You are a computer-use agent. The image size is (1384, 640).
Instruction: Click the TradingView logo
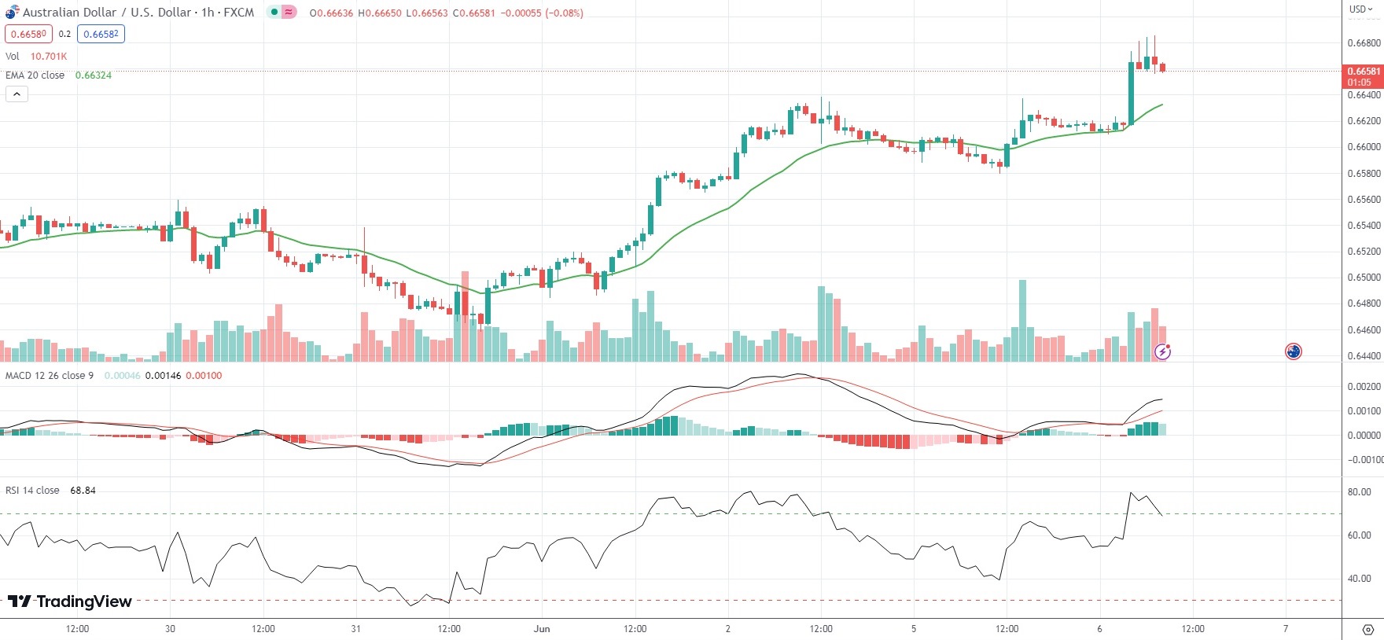[70, 601]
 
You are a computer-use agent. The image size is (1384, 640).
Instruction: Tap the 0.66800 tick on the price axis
[1364, 43]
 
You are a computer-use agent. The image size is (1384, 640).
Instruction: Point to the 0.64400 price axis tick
[1364, 356]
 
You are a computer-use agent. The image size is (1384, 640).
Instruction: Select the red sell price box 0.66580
[28, 34]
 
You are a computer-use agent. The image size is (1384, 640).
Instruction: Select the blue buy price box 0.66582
[101, 34]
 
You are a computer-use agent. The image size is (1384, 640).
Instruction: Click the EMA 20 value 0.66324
[94, 75]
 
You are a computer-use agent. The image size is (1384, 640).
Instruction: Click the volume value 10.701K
[49, 57]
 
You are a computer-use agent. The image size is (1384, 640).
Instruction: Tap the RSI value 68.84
[83, 491]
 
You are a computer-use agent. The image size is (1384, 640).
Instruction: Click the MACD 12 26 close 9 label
[50, 376]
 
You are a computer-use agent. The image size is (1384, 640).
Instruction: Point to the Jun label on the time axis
[541, 629]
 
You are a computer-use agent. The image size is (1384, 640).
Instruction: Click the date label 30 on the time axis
[171, 629]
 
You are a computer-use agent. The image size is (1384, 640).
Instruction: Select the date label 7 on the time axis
[1286, 629]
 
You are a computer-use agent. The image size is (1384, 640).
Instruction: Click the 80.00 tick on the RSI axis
[1359, 492]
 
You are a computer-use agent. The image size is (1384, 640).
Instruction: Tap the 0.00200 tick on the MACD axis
[1364, 387]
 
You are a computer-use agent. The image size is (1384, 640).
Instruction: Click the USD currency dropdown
[1361, 9]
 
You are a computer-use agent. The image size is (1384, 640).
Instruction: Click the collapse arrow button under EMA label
[17, 94]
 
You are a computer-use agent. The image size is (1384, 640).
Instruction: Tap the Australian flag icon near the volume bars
[1294, 351]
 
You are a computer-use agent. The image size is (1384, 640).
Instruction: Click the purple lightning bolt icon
[1162, 351]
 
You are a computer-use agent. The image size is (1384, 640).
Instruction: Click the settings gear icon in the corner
[1367, 630]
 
